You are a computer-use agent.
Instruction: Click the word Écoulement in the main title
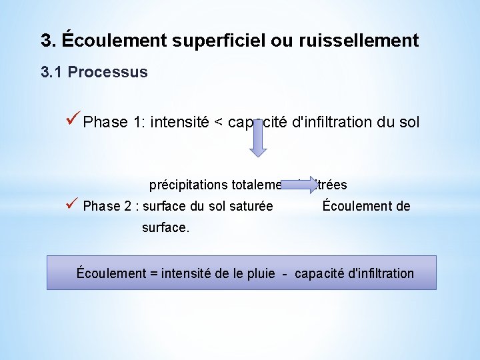tap(107, 41)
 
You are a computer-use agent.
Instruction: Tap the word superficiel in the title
tap(213, 41)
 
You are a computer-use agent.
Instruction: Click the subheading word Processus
tap(108, 72)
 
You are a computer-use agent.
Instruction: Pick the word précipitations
tap(188, 185)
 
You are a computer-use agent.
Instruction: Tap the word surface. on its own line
tap(165, 227)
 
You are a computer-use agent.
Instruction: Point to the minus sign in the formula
tap(284, 273)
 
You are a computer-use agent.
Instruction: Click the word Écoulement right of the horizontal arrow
tap(352, 206)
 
